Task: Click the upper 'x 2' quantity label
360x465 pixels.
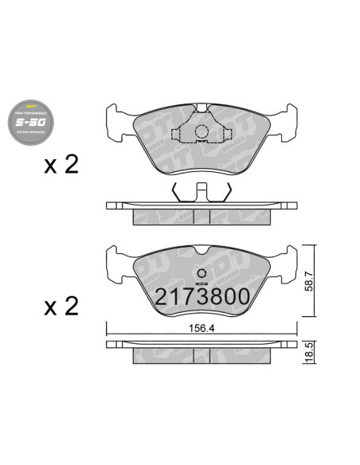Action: [61, 166]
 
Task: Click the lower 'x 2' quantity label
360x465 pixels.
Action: [61, 307]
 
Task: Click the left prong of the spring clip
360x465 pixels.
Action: [175, 192]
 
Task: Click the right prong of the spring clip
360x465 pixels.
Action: [229, 192]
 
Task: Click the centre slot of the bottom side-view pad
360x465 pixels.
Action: [202, 354]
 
